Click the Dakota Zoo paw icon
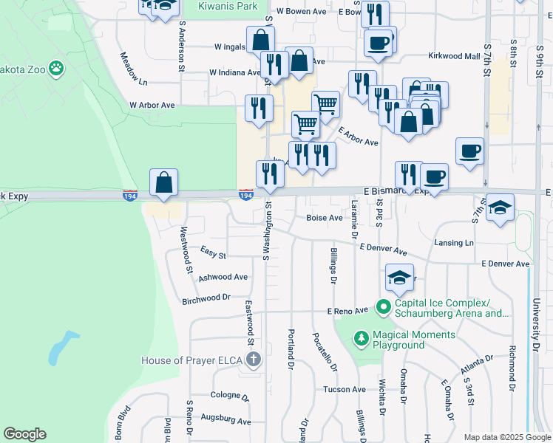pos(57,69)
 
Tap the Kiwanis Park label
pos(228,6)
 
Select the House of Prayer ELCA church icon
pos(254,360)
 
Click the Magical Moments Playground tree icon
pos(361,339)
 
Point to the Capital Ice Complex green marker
pos(383,305)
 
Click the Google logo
pos(24,434)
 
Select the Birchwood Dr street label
pos(206,298)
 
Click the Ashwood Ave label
pos(223,278)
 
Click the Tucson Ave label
pos(344,389)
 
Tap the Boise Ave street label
pos(325,219)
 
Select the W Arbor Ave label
pos(152,106)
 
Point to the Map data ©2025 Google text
pos(506,437)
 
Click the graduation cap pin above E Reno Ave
pos(399,279)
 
